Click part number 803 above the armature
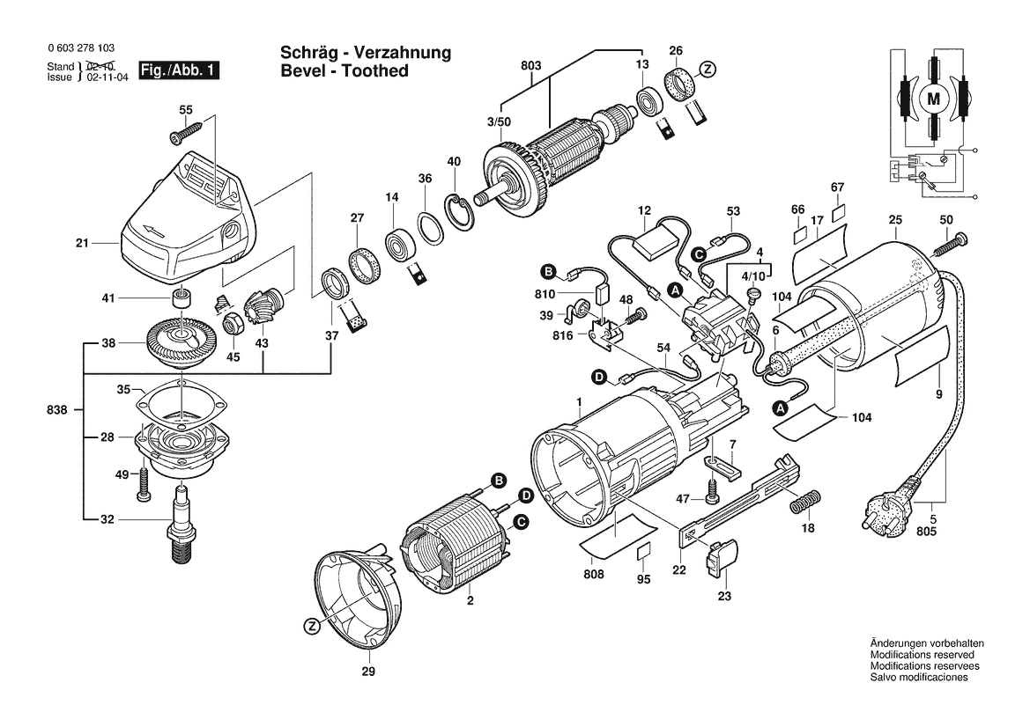[x=530, y=64]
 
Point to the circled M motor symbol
[x=933, y=99]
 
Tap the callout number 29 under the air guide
[x=367, y=673]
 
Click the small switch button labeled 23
[x=722, y=557]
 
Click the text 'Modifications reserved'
[x=922, y=655]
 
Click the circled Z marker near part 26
[x=706, y=70]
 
